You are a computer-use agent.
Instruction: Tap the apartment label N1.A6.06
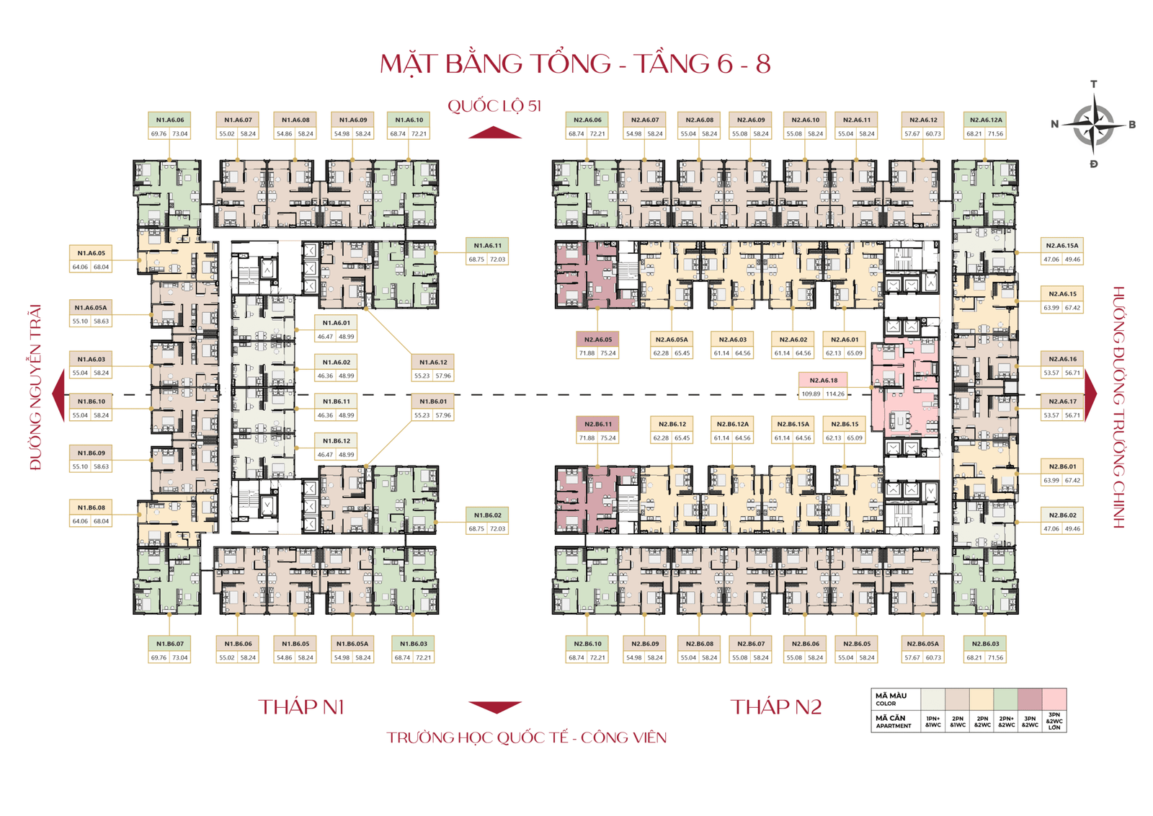coord(170,120)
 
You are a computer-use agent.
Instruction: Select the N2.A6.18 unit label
coord(823,380)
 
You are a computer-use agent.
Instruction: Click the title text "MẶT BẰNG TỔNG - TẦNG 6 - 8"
coord(575,63)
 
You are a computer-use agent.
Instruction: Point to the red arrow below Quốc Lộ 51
coord(494,133)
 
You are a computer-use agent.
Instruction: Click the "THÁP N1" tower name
coord(301,707)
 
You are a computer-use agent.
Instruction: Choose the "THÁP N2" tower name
coord(776,707)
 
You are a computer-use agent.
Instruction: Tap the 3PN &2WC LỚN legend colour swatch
coord(1054,699)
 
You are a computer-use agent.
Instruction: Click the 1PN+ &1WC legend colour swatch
coord(932,699)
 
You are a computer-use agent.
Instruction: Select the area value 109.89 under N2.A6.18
coord(811,394)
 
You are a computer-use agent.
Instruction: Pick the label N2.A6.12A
coord(985,120)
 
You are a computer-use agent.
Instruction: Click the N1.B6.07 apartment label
coord(170,644)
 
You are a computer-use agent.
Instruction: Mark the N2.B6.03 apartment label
coord(985,644)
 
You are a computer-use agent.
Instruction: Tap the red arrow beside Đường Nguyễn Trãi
coord(59,394)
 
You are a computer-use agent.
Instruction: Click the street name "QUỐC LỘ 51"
coord(494,106)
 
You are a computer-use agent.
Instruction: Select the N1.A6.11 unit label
coord(488,245)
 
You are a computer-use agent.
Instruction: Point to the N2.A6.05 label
coord(598,339)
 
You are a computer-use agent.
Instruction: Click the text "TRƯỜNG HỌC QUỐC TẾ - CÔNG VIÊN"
coord(526,737)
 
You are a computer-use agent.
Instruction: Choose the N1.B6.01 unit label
coord(433,402)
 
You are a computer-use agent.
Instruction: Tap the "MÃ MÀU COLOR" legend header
coord(891,699)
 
